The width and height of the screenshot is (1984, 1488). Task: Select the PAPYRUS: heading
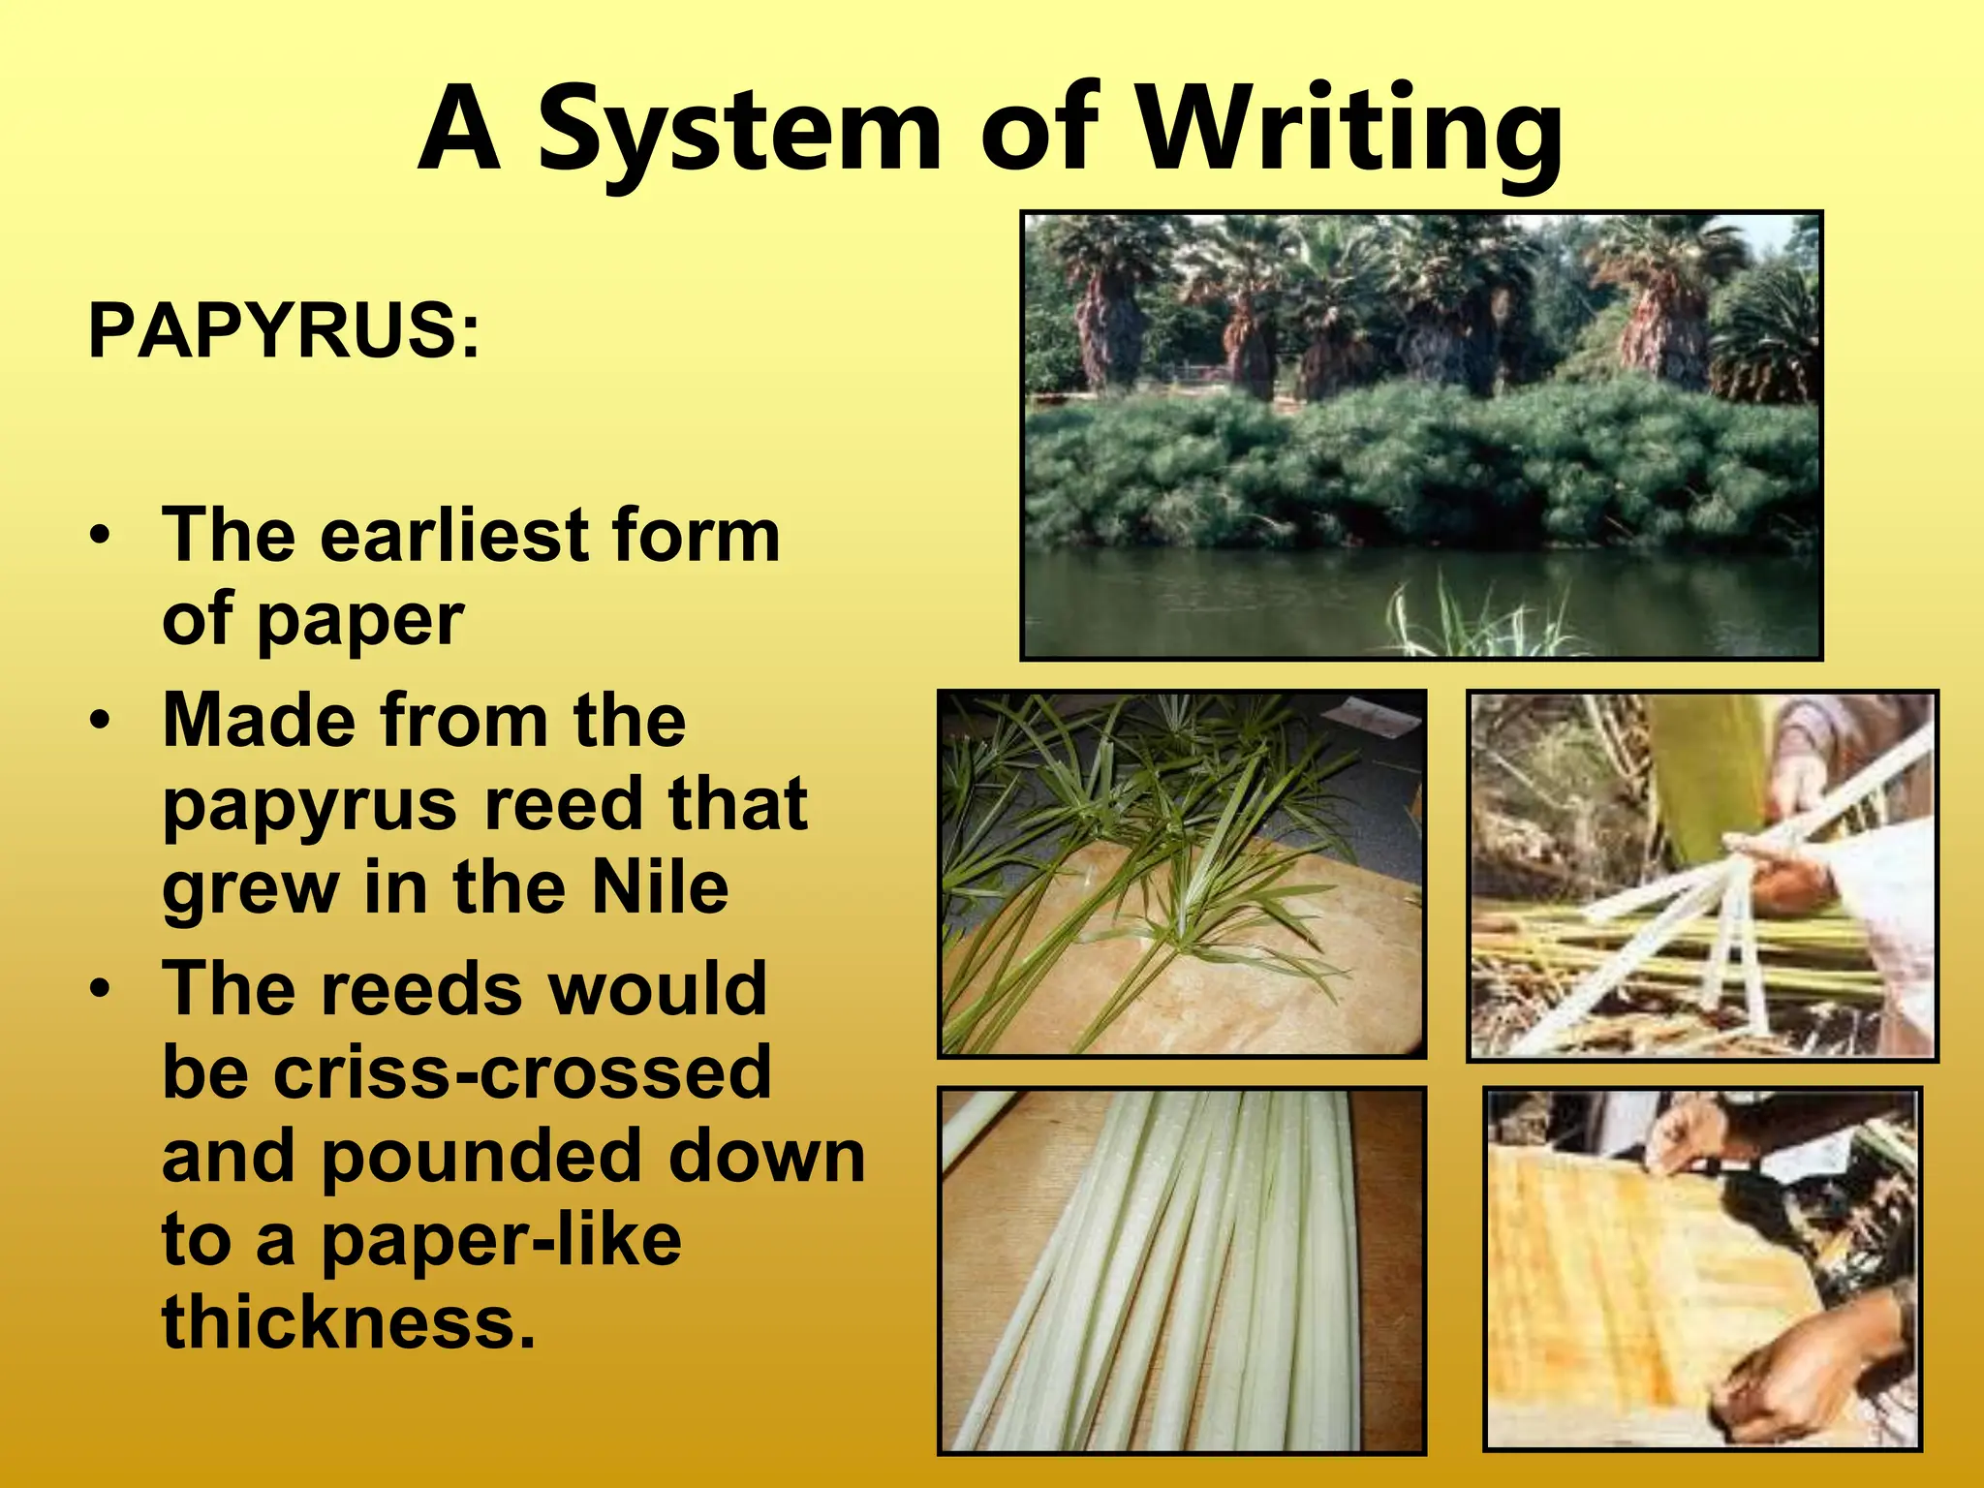[283, 331]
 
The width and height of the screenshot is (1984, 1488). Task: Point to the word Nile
[660, 887]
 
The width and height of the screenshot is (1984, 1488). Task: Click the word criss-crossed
[467, 1072]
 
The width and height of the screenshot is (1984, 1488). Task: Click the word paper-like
[502, 1240]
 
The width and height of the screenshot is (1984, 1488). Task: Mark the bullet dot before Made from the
[99, 722]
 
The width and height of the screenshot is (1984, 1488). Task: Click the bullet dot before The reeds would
[99, 989]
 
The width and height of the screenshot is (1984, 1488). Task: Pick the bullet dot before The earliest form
[99, 536]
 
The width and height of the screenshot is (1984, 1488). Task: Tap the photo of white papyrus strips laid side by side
[1182, 1270]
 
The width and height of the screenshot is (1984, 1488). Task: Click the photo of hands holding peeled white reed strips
[1702, 876]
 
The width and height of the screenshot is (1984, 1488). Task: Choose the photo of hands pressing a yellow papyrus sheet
[1702, 1269]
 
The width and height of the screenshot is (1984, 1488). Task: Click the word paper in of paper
[360, 619]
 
